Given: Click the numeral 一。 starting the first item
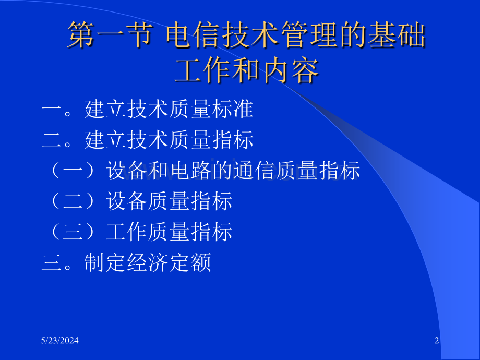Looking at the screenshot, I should pos(62,110).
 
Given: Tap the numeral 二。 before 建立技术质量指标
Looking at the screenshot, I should pos(62,140).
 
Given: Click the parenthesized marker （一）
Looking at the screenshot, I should pos(74,171).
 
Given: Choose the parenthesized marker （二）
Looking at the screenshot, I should pos(74,202).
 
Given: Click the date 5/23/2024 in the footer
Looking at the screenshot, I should pos(61,341).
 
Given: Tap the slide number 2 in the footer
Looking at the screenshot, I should pos(437,341).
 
